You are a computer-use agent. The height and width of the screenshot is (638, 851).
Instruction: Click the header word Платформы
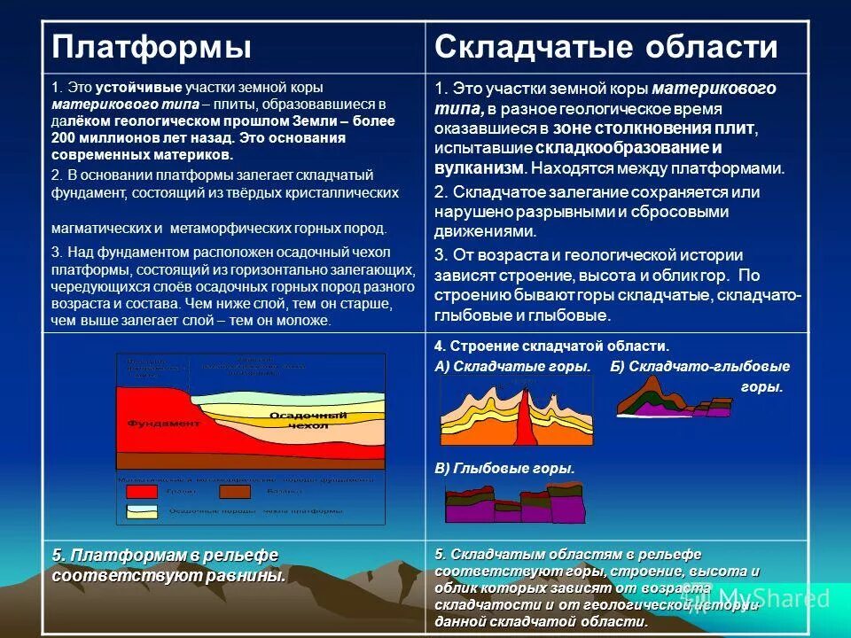pyautogui.click(x=152, y=47)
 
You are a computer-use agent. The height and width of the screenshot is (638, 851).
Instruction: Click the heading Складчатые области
pyautogui.click(x=605, y=47)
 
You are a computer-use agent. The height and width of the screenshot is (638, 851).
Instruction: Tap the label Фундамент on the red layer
pyautogui.click(x=164, y=424)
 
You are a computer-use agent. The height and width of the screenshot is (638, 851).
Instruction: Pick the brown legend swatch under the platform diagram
pyautogui.click(x=236, y=492)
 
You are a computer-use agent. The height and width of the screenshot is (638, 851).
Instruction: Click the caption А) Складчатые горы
pyautogui.click(x=512, y=366)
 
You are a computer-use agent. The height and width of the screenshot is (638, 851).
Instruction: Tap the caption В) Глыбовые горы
pyautogui.click(x=504, y=468)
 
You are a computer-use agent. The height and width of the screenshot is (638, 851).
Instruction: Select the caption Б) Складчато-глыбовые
pyautogui.click(x=699, y=366)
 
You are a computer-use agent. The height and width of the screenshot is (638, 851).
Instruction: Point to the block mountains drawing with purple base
pyautogui.click(x=515, y=505)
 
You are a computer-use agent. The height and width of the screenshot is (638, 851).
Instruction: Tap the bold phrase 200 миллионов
pyautogui.click(x=93, y=138)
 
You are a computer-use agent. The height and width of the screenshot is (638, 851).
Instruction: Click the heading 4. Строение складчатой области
pyautogui.click(x=551, y=346)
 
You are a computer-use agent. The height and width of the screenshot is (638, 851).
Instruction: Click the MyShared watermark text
pyautogui.click(x=772, y=598)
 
